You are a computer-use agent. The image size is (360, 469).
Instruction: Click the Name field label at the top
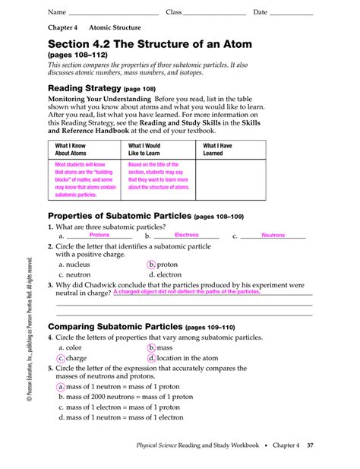coord(56,12)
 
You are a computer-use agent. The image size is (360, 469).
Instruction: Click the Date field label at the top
coord(261,12)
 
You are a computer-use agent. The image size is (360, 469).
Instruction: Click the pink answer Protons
coord(99,236)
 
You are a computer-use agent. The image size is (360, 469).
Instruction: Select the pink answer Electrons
coord(187,236)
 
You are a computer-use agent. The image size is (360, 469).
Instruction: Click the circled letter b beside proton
coord(151,265)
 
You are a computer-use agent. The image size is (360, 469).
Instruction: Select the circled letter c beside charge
coord(61,358)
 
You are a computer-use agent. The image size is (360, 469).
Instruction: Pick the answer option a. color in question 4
coord(72,348)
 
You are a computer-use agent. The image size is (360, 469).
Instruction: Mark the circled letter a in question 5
coord(61,386)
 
